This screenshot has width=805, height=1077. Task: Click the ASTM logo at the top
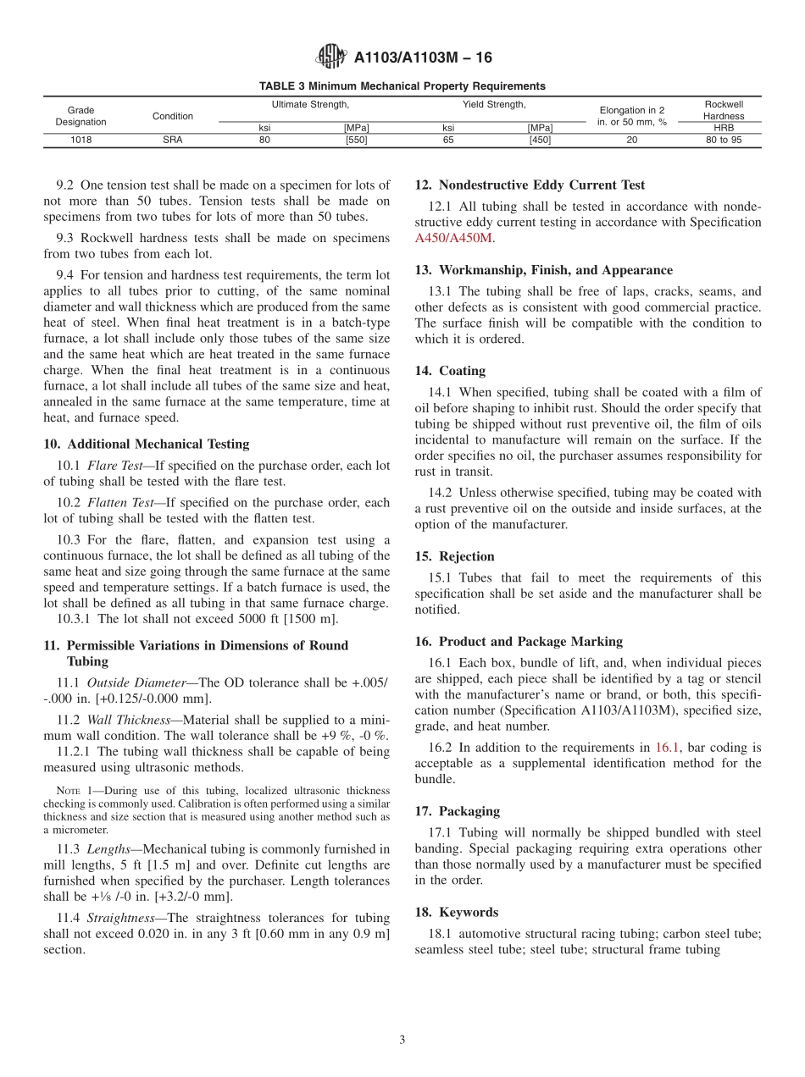coord(330,57)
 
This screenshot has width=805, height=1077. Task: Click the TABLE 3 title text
coord(402,86)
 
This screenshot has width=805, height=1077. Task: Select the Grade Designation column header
coord(81,116)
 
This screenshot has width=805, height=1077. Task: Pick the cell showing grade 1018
coord(81,141)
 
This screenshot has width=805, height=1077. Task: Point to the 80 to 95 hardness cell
coord(723,141)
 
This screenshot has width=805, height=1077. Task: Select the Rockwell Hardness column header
coord(723,110)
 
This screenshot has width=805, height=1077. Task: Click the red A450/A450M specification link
coord(453,238)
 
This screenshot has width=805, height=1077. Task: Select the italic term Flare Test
coord(114,465)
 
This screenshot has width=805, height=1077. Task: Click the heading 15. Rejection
coord(454,556)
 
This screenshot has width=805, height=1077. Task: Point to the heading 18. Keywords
coord(456,912)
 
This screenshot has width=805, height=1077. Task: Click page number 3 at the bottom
coord(402,1041)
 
